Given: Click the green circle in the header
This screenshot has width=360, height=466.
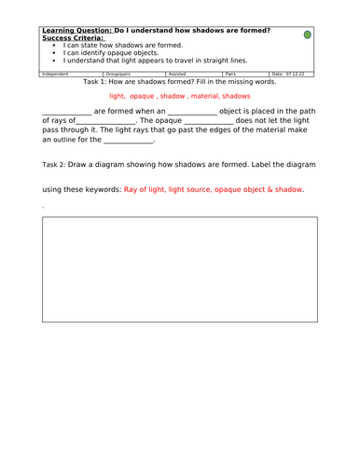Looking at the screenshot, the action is point(309,34).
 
